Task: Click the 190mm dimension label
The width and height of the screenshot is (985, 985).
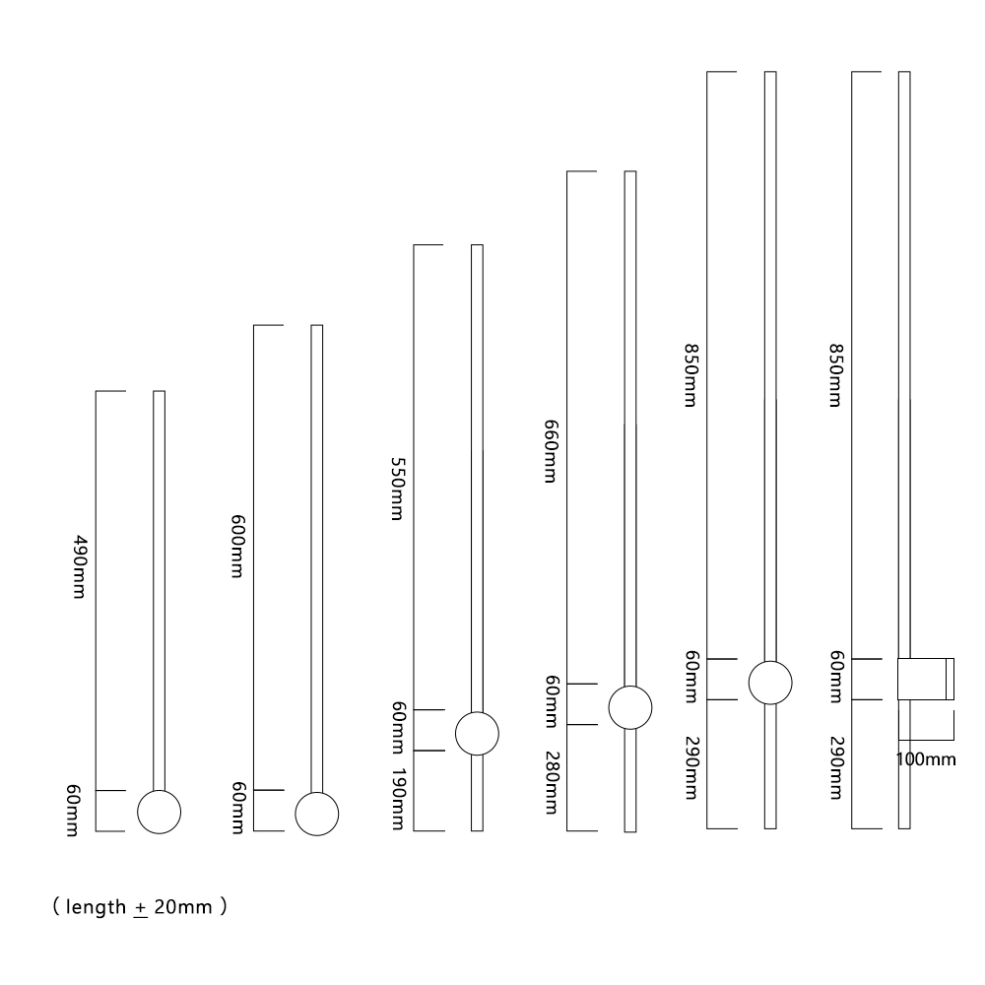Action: tap(398, 799)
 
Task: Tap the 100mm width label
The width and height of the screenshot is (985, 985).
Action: tap(926, 759)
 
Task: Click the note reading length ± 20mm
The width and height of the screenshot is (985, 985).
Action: tap(140, 907)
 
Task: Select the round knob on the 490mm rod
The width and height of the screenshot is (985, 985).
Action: tap(159, 812)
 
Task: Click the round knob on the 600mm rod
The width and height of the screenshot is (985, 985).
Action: tap(317, 813)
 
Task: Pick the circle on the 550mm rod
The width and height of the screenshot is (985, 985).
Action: tap(477, 732)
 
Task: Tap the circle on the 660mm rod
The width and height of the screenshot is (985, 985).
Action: tap(630, 706)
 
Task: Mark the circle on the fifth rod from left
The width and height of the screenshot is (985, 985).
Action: tap(770, 682)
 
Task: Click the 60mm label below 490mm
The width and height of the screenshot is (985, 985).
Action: tap(72, 812)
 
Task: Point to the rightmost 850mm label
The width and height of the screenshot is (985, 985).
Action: tap(834, 375)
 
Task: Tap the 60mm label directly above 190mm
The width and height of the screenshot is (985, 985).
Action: tap(398, 729)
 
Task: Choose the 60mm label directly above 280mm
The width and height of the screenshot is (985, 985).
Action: tap(551, 703)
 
